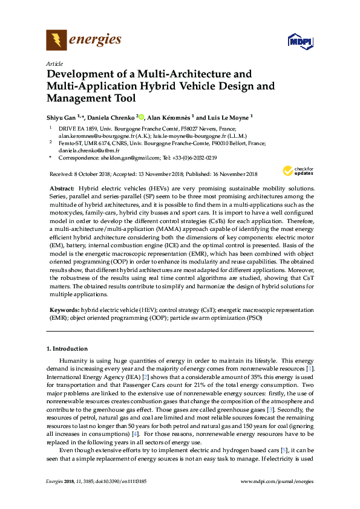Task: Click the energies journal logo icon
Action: [x=57, y=41]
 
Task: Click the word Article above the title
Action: [x=54, y=63]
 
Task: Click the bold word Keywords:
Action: [x=64, y=309]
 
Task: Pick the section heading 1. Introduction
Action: [x=67, y=349]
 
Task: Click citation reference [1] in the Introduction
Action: [x=310, y=368]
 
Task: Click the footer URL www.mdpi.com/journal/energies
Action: [x=277, y=481]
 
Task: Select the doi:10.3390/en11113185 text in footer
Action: [x=118, y=481]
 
